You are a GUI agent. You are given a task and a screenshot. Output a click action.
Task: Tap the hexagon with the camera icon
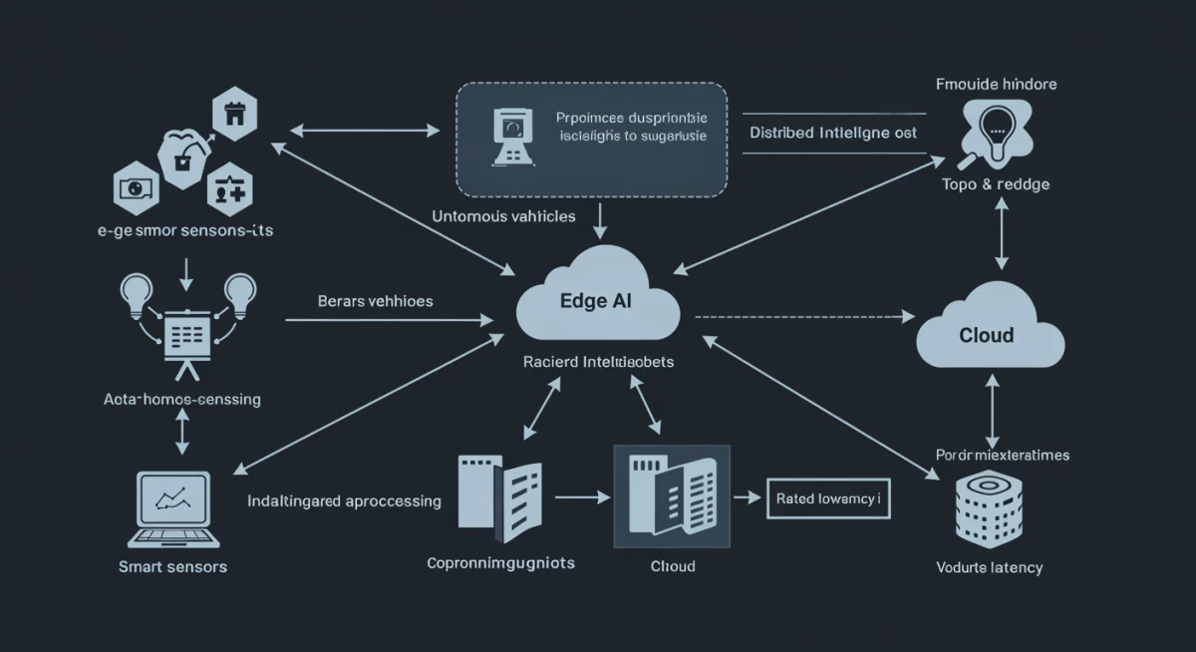pos(138,187)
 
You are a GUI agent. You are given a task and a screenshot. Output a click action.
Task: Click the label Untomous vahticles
pos(504,215)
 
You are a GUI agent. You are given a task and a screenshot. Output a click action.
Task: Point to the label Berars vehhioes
pos(375,300)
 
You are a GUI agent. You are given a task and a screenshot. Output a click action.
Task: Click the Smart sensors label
pos(172,566)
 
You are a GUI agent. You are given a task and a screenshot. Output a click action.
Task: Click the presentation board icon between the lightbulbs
pos(183,339)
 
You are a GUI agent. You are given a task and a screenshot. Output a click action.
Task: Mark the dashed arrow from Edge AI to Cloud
pos(803,317)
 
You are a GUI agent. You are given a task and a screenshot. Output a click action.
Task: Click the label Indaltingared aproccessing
pos(344,500)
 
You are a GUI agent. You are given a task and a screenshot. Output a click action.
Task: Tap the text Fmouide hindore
pos(997,84)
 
